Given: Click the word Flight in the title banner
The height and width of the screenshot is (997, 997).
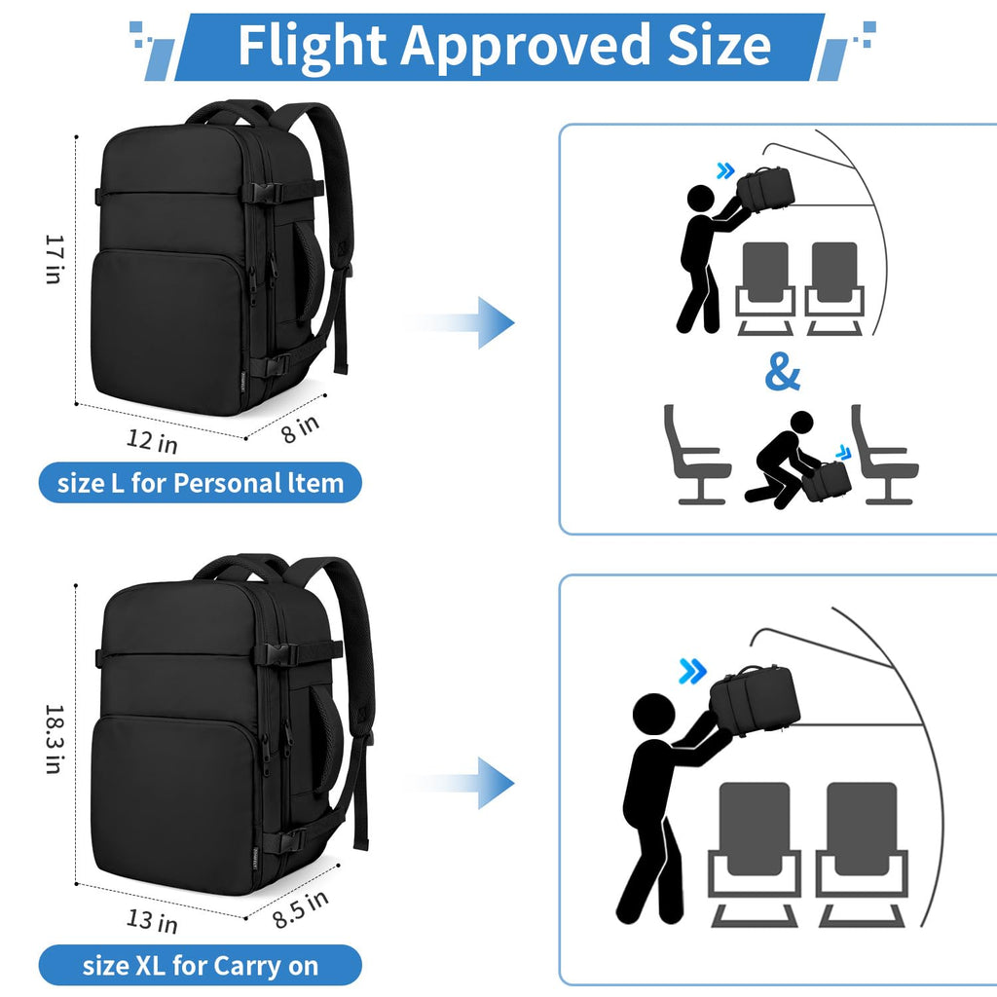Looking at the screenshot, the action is point(312,46).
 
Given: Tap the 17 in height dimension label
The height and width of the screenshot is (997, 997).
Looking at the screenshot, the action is point(55,259).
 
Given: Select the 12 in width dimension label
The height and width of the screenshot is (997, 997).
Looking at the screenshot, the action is point(152,441).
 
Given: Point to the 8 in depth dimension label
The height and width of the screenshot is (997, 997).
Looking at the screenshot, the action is point(300,428).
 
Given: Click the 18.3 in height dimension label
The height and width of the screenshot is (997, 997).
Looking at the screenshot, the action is point(55,739).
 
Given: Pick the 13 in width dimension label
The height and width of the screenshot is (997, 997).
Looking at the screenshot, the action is point(152,920).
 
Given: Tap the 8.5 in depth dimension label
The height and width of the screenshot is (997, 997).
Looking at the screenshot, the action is point(300,908).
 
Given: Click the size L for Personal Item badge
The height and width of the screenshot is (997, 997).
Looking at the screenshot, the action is point(201,483).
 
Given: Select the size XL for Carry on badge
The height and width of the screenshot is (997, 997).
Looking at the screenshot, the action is point(201,965).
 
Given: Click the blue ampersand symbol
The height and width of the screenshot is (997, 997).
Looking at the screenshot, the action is point(782,372).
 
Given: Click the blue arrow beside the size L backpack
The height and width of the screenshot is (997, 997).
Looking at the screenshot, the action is point(460,322).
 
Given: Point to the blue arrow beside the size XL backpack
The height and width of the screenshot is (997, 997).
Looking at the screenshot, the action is point(460,783).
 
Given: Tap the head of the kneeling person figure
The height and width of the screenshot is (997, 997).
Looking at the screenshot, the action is point(802,423).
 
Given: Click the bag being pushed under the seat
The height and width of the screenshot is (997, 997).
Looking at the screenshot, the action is point(827,481).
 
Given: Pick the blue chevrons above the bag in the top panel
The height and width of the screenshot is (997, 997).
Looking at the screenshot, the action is point(725,170).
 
